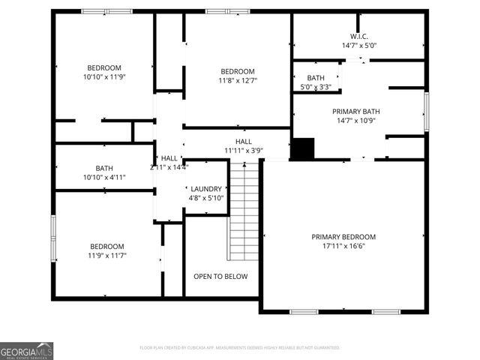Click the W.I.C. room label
(x=359, y=36)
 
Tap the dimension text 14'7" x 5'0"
(x=359, y=45)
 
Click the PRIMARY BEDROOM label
(x=343, y=237)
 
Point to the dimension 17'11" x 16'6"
(x=343, y=246)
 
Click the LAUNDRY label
(x=206, y=189)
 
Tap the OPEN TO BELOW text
(x=220, y=277)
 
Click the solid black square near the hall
(x=301, y=149)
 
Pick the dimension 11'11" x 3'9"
(x=243, y=150)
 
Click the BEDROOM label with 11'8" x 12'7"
(x=237, y=71)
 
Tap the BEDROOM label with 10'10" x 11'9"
(x=104, y=68)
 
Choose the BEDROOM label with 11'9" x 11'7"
(x=108, y=247)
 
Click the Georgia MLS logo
(x=26, y=351)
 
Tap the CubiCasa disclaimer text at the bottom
(x=240, y=348)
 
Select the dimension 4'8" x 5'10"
(x=206, y=198)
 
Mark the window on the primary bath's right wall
(x=426, y=111)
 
